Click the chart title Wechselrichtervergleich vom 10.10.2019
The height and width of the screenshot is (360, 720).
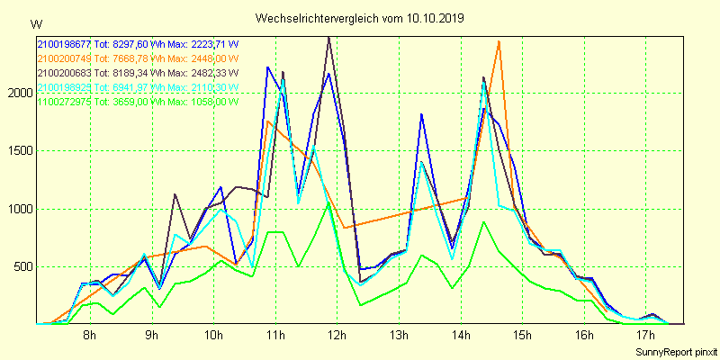click(360, 18)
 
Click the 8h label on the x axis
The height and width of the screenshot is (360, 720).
click(89, 336)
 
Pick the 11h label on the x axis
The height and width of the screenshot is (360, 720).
click(274, 336)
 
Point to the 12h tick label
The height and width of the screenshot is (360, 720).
click(337, 336)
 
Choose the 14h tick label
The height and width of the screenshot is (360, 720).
click(461, 336)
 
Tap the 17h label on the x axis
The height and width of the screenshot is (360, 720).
click(646, 336)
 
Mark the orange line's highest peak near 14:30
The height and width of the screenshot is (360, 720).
click(499, 41)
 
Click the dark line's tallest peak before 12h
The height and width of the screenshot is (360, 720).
click(329, 37)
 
